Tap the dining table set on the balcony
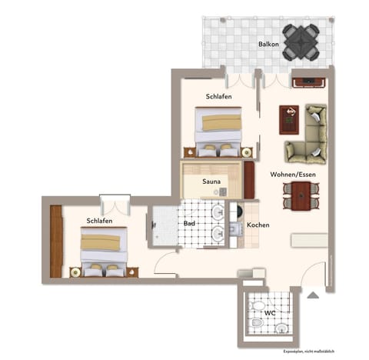[x=300, y=44]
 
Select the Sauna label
[x=211, y=182]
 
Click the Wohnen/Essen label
[x=291, y=175]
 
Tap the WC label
[x=270, y=313]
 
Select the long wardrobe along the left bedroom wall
[x=56, y=242]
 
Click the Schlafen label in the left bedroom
[x=99, y=221]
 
